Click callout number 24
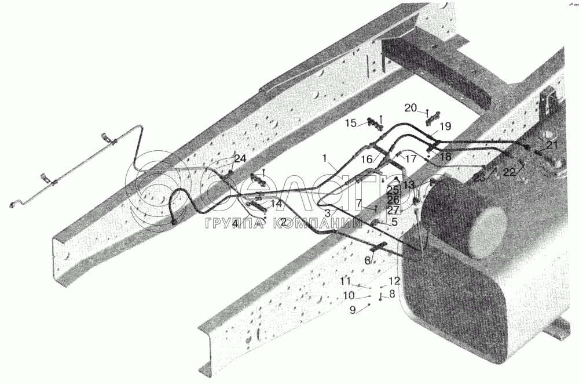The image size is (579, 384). click(x=240, y=158)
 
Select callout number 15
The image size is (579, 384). click(x=351, y=123)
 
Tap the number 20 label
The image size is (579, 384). click(x=411, y=107)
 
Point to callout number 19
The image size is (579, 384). click(x=445, y=126)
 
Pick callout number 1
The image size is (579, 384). click(x=325, y=158)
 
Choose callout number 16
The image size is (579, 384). click(x=367, y=158)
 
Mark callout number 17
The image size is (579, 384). click(x=411, y=159)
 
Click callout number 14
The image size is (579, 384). click(x=276, y=204)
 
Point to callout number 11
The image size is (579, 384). click(x=345, y=281)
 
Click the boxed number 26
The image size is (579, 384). click(x=394, y=200)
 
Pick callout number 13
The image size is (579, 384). click(x=409, y=185)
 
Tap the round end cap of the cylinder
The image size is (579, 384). click(x=487, y=234)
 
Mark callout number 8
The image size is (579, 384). click(x=392, y=294)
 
